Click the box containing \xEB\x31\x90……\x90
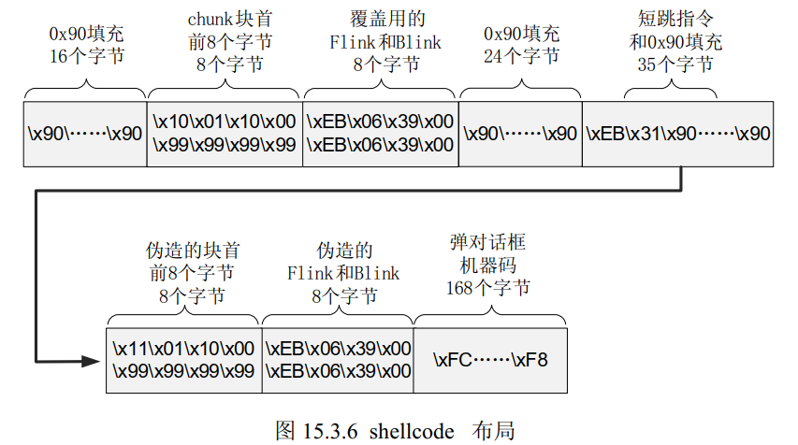click(x=678, y=133)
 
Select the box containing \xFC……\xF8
click(x=490, y=359)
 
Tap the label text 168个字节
click(x=487, y=287)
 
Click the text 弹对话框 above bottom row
click(x=487, y=242)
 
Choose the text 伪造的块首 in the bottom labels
click(x=184, y=251)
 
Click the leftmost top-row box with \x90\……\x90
click(x=85, y=133)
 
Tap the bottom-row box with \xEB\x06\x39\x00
click(x=338, y=359)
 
